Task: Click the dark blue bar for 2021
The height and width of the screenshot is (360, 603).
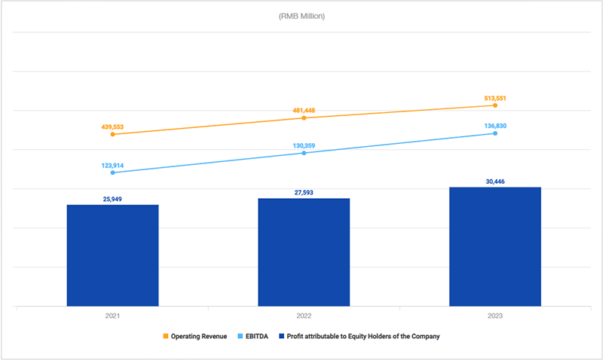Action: pos(112,255)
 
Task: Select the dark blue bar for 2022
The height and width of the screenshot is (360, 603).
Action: pos(304,252)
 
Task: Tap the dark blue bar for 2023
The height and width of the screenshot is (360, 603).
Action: pos(495,246)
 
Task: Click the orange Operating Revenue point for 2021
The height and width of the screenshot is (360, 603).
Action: pos(113,134)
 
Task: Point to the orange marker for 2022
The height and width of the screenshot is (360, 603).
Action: pos(304,118)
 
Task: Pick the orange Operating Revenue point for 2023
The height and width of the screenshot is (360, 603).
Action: pos(495,105)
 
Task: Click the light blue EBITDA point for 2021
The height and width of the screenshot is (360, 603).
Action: pos(113,172)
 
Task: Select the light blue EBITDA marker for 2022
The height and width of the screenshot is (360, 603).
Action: pos(304,153)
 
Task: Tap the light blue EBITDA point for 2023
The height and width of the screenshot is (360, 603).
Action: pos(495,133)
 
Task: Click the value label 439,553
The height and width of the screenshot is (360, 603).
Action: pos(113,127)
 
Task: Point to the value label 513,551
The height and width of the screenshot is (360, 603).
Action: pos(495,98)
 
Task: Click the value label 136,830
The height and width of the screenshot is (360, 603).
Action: pos(495,126)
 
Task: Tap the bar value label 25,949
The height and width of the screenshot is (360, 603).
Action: pos(113,199)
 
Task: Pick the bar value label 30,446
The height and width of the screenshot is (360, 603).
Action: pos(495,181)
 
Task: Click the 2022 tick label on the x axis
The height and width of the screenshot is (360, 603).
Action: pos(304,317)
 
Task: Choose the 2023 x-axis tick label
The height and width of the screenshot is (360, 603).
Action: pos(495,317)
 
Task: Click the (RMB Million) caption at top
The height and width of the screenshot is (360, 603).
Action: pos(301,16)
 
